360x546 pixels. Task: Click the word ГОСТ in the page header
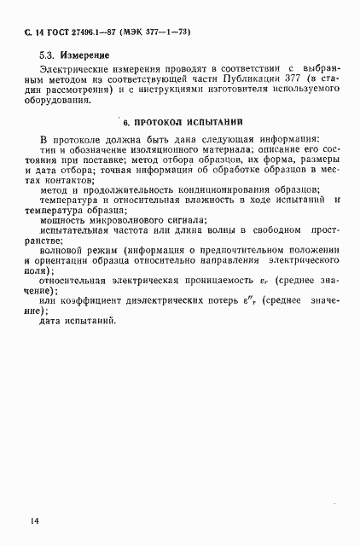pyautogui.click(x=54, y=32)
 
